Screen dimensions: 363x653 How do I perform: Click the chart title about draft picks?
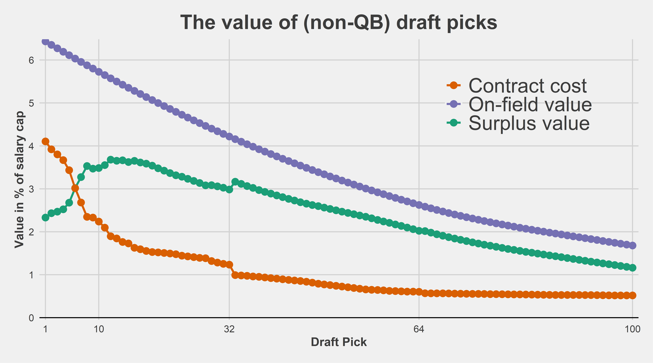tap(339, 23)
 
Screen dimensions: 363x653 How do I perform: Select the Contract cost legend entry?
tap(527, 86)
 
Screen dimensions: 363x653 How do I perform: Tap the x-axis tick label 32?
tap(229, 329)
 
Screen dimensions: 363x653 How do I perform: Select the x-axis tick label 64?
tap(419, 329)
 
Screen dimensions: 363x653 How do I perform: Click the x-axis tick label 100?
tap(632, 329)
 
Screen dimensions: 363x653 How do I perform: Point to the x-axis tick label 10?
tap(99, 329)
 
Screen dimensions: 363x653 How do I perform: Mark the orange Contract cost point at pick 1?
tap(45, 141)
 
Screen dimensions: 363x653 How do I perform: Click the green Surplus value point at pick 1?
tap(45, 217)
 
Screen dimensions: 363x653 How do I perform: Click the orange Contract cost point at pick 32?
tap(229, 265)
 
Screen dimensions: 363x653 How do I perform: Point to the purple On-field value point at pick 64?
tap(419, 205)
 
